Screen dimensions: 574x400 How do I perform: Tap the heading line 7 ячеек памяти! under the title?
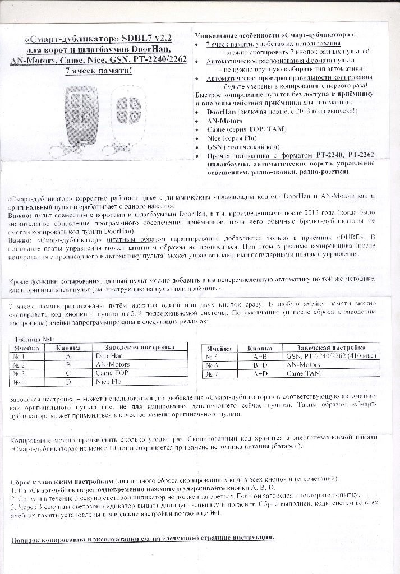tap(99, 71)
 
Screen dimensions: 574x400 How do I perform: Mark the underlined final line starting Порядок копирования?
tap(143, 539)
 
